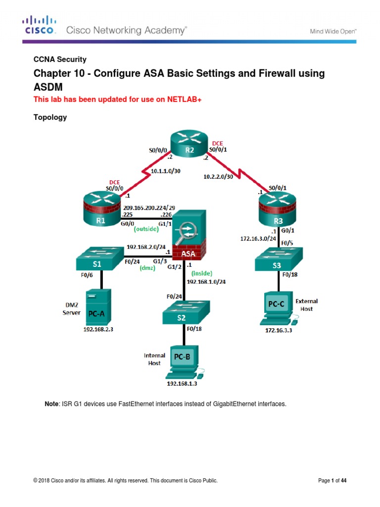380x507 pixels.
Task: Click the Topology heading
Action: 49,117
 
